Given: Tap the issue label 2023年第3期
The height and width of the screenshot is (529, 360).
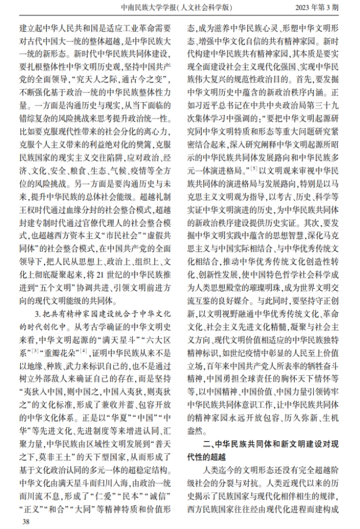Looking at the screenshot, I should click(324, 8).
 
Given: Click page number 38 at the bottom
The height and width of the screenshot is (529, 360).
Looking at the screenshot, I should click(25, 521).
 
